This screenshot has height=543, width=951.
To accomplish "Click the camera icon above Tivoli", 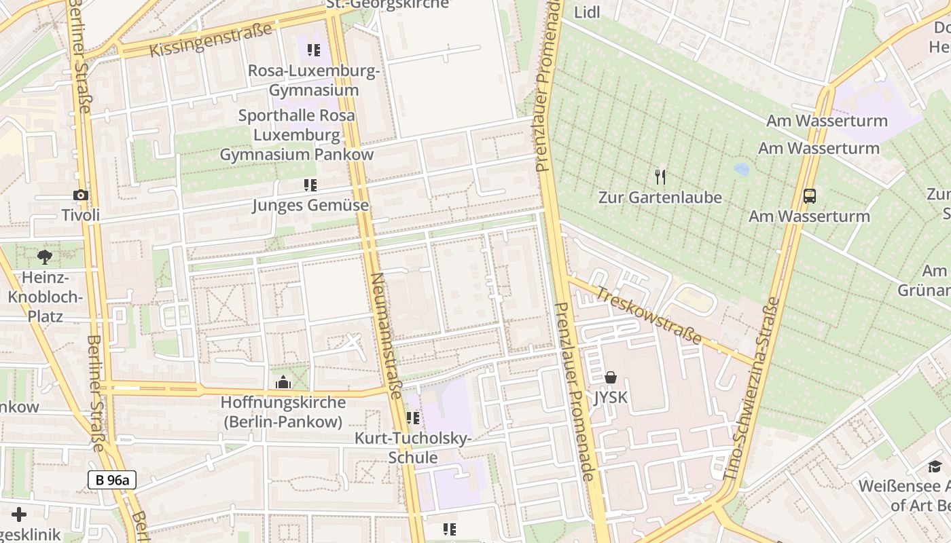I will point(81,195).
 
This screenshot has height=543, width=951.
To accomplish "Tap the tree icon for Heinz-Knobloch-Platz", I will point(45,257).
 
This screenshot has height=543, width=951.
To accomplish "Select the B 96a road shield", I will point(112,480).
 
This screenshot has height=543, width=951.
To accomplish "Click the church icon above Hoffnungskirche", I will point(283,383).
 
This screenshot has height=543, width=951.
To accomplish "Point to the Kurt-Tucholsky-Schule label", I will point(413,448).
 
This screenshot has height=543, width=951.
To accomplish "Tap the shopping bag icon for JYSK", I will point(611,377).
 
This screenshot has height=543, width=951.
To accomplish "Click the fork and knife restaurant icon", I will point(660,177).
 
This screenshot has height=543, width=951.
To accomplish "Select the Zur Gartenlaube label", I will point(660,198).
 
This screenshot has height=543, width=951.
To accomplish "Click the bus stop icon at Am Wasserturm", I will point(809,196).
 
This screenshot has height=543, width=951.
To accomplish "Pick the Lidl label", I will point(587,12).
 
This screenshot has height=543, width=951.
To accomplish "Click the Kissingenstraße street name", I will point(211,41).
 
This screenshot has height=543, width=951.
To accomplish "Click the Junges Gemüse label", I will point(310,205).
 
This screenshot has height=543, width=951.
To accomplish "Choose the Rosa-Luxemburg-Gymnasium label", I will point(313,80).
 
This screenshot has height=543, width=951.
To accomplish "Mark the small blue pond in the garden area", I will point(741,169).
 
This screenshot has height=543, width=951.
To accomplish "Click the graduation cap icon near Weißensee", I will point(935,466).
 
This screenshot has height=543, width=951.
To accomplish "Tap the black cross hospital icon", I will point(19,514).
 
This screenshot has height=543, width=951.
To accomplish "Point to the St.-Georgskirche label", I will point(388,4).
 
